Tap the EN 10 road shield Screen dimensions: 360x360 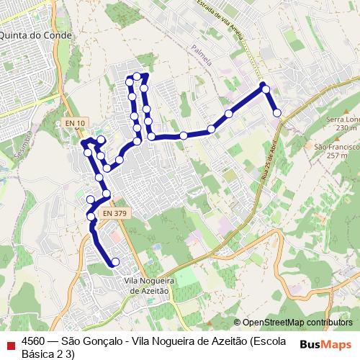click(x=74, y=123)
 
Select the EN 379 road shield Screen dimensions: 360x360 click(x=114, y=213)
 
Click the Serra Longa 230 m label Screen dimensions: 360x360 click(x=341, y=123)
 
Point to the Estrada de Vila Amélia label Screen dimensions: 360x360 click(x=224, y=21)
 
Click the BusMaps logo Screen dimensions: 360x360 click(x=325, y=344)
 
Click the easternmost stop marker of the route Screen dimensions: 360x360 click(x=276, y=112)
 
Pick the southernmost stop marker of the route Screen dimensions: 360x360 click(x=115, y=261)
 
